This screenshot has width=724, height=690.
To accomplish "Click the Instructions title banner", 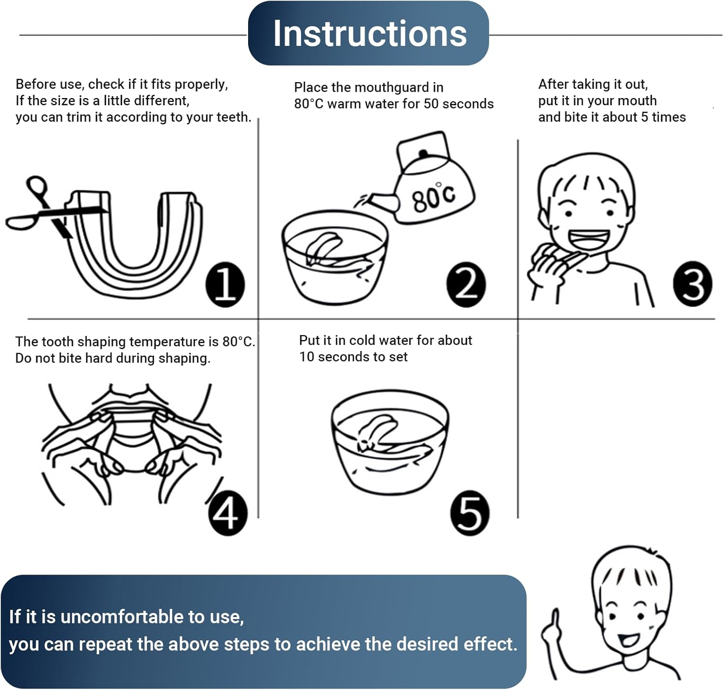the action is click(x=368, y=33).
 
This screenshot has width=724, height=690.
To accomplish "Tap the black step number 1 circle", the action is click(x=225, y=284).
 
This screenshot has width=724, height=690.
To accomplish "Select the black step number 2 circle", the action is click(x=466, y=284).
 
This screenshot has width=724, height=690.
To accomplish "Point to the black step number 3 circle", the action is click(x=692, y=283).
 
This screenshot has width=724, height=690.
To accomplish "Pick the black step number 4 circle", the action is click(x=227, y=512).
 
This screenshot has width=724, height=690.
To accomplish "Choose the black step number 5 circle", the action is click(x=470, y=512).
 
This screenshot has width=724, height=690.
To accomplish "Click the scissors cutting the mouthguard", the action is click(x=55, y=208).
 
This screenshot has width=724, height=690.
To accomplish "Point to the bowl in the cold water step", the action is click(x=390, y=442).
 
